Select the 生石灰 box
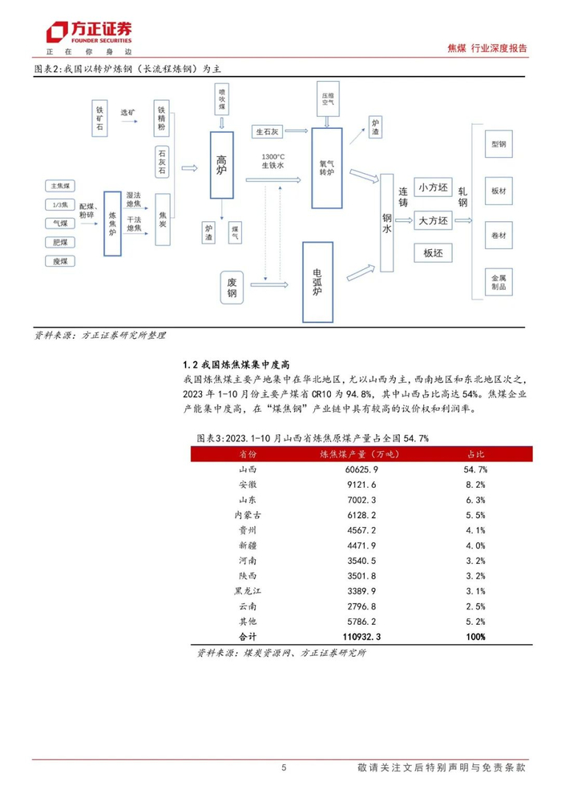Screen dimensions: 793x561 (268, 131)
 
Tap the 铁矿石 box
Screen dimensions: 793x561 (101, 119)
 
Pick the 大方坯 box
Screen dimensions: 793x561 (434, 220)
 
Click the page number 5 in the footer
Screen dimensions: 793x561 (285, 768)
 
